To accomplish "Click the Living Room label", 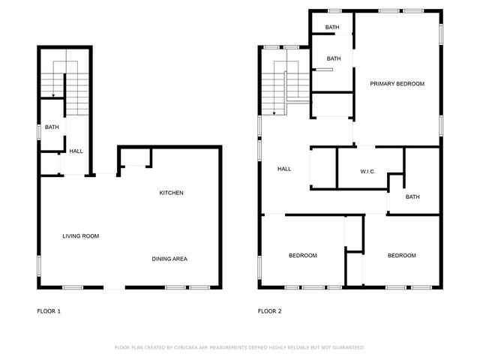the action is coord(80,236).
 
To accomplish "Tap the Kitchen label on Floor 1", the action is coord(172,193).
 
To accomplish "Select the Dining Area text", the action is coord(169,259).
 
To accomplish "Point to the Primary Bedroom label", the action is coord(397,84).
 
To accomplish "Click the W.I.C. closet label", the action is coord(367,172).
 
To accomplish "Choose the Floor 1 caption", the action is coord(49,311).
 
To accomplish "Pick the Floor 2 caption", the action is coord(270,311).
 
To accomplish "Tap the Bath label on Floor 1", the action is coord(52,127).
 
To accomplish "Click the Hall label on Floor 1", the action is coord(76,151).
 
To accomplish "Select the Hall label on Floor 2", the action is coord(284,169).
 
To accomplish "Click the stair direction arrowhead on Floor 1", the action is coord(53,96).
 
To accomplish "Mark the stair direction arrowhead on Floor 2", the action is coord(274,113).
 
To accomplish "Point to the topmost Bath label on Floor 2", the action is coord(332,27).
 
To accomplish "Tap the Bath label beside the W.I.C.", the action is coord(412,196).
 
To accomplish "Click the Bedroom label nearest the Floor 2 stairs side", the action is coord(303,256).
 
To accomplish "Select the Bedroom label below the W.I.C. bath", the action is coord(402,256).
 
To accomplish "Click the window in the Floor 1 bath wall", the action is coord(39,132).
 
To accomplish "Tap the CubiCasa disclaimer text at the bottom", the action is coord(240,348).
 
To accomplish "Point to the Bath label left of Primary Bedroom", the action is coord(334,58).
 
